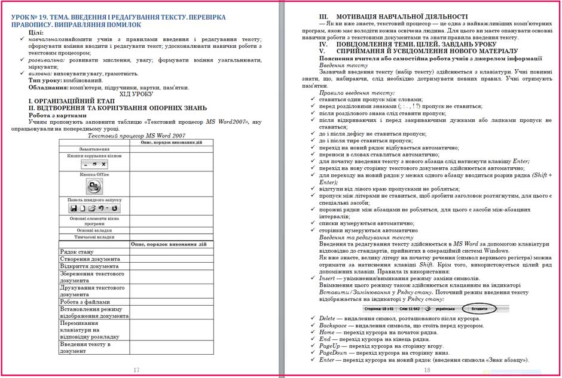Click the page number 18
427,370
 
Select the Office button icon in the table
94,186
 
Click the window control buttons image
94,164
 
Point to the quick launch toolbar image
94,208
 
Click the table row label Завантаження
94,149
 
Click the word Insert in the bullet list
328,279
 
